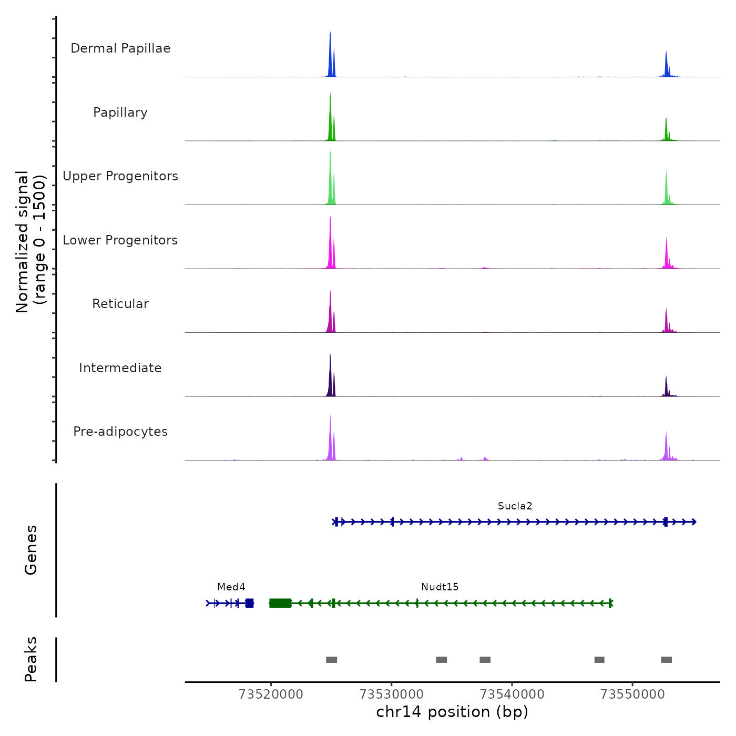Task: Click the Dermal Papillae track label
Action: [x=120, y=48]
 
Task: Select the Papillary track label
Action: [x=120, y=113]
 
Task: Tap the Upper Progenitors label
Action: [x=120, y=176]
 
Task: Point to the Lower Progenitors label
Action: [x=120, y=240]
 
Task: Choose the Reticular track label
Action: [x=120, y=304]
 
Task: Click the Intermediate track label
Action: [x=120, y=368]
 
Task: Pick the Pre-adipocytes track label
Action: [x=120, y=432]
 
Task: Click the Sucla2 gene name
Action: [x=515, y=506]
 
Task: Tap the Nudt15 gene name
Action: [x=439, y=587]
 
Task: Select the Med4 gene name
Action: [x=231, y=587]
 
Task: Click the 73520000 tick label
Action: [x=271, y=694]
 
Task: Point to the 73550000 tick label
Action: [x=632, y=694]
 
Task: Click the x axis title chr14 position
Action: [x=452, y=712]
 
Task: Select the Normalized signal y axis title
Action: [x=30, y=242]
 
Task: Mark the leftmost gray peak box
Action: [x=331, y=660]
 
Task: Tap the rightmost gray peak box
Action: [x=666, y=660]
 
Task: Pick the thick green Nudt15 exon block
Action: [x=280, y=603]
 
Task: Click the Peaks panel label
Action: [x=31, y=659]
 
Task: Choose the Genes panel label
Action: [x=31, y=550]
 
